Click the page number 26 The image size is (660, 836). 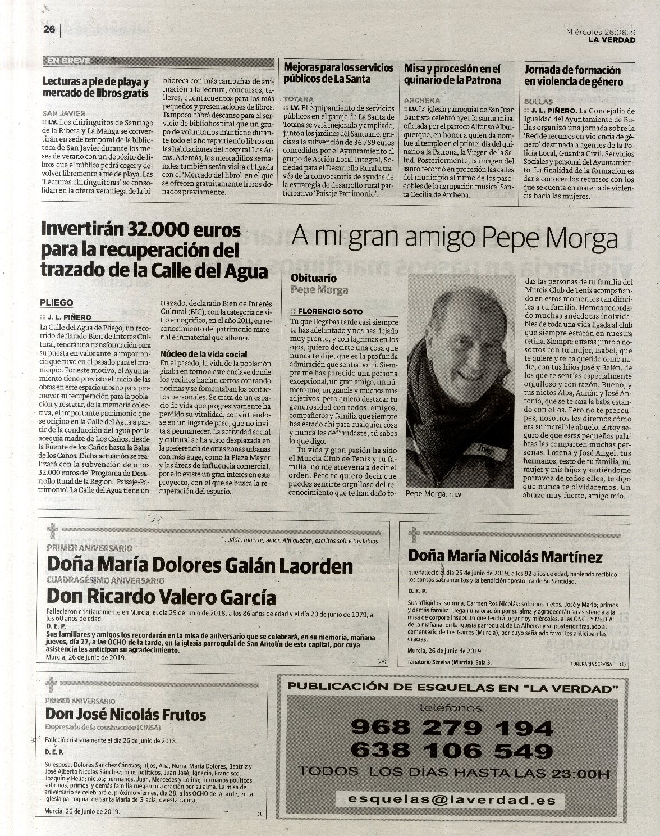(49, 29)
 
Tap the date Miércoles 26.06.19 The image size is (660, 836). (601, 32)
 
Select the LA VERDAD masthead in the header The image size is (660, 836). (612, 40)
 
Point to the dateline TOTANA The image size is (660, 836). (299, 99)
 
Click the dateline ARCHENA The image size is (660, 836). (422, 100)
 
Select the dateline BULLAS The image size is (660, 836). (538, 102)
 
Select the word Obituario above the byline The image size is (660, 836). (314, 279)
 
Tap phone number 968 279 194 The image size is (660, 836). (452, 728)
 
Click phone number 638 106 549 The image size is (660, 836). (452, 751)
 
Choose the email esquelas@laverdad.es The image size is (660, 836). (452, 800)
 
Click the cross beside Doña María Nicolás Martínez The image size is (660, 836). (414, 535)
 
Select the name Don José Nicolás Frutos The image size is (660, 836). (125, 715)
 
